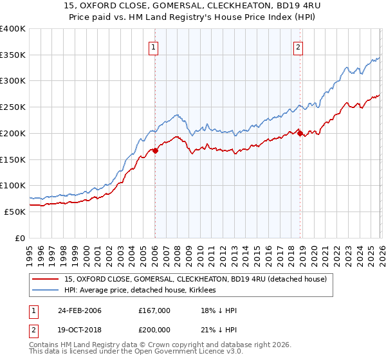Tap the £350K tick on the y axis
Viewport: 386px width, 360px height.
(x=13, y=55)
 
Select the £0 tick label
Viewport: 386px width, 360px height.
(x=20, y=238)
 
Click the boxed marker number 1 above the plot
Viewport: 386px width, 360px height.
(x=154, y=46)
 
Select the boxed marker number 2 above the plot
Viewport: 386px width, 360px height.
(x=299, y=46)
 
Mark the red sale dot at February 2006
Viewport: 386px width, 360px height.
(x=155, y=151)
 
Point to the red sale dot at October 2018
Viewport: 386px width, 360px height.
(x=299, y=134)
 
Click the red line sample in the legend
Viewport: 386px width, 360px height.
(x=47, y=279)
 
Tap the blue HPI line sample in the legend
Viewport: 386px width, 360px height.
(x=47, y=290)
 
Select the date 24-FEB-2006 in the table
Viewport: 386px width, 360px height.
(x=80, y=310)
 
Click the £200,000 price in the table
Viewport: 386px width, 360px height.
(x=154, y=328)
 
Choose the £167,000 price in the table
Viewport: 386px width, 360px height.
(x=154, y=310)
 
